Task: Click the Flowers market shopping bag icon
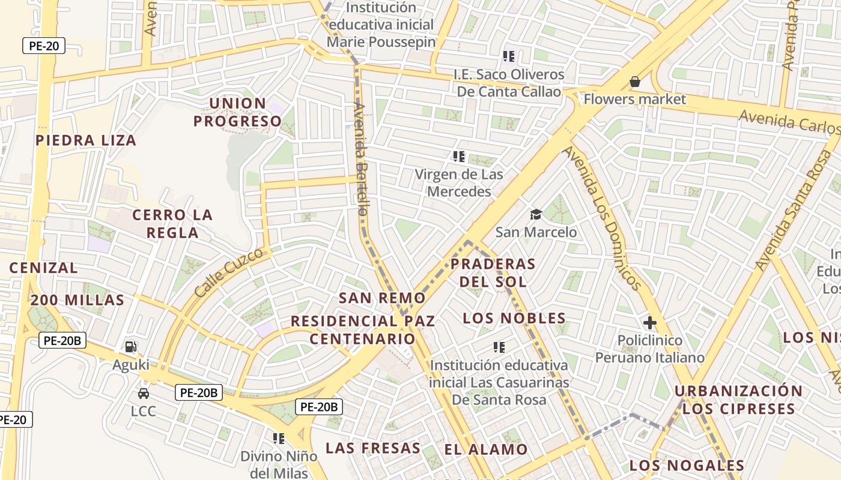click(634, 82)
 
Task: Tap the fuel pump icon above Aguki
click(130, 347)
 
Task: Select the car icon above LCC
click(144, 394)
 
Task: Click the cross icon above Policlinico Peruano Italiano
click(649, 323)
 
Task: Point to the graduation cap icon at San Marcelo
click(536, 214)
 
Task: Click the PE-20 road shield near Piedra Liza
click(44, 46)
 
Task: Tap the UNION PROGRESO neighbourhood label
click(238, 112)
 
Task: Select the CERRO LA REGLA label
click(172, 224)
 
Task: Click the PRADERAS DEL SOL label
click(493, 272)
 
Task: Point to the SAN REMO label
click(382, 298)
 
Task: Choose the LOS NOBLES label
click(514, 318)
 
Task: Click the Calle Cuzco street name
click(229, 273)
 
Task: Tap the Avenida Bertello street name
click(360, 159)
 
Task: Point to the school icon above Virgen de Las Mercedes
click(459, 157)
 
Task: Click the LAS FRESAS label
click(372, 448)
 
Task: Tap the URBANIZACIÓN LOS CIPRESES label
click(738, 400)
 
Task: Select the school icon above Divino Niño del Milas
click(278, 439)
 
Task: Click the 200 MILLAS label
click(77, 301)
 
